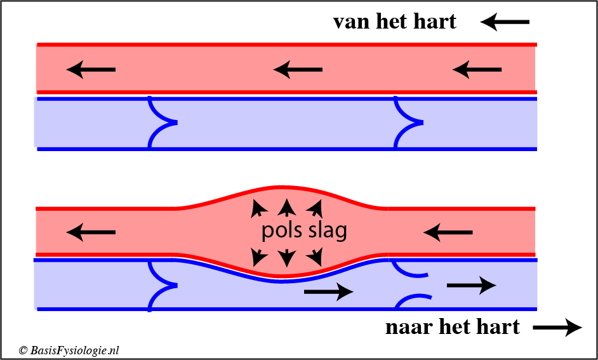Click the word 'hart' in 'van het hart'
pos(435,22)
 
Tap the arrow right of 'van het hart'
pos(505,23)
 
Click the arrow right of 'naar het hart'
pos(557,328)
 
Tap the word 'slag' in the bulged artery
pos(328,230)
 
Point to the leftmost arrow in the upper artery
pos(91,70)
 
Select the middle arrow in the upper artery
pos(298,69)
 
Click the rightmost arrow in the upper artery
pos(477,69)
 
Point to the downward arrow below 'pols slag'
pos(287,257)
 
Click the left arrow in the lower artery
pos(91,233)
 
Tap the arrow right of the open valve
pos(471,286)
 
